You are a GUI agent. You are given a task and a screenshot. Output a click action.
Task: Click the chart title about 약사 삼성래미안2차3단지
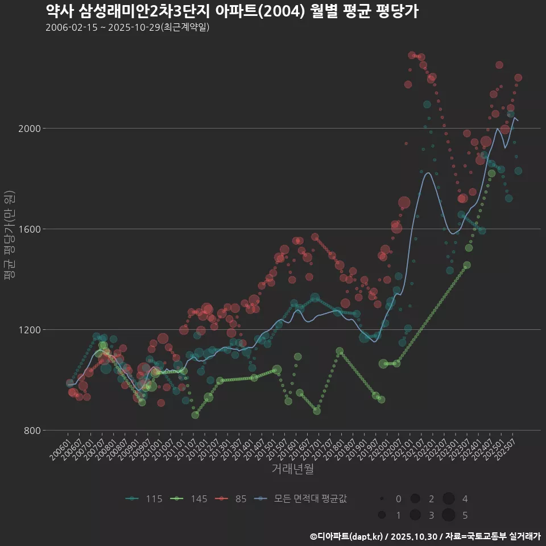(x=232, y=11)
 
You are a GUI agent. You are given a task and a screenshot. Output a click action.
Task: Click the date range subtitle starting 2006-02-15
(x=127, y=27)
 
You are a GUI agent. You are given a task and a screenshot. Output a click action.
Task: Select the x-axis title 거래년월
(x=292, y=469)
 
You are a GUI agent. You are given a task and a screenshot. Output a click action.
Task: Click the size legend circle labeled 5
(x=448, y=515)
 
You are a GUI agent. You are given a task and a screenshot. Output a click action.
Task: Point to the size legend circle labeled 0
(x=382, y=499)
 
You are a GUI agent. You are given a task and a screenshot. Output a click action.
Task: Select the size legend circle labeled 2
(x=415, y=499)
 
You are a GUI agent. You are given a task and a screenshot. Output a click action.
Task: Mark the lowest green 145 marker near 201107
(x=195, y=415)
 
